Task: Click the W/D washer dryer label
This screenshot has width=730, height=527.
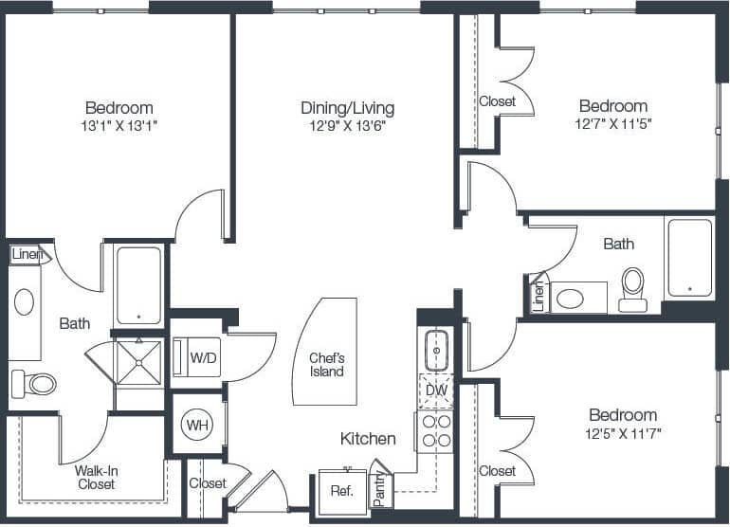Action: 203,357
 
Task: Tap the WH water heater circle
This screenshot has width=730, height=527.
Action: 197,425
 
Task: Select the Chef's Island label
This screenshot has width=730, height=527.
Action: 326,365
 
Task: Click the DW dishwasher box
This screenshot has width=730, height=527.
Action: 436,390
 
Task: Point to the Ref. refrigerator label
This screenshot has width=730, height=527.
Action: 341,491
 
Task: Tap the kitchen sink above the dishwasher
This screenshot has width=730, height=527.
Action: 436,350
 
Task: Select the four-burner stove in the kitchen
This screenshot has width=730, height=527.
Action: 436,430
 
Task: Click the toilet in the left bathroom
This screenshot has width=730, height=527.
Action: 34,384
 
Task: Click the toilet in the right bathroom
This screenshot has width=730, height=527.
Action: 632,288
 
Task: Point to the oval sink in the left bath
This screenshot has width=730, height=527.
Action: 24,302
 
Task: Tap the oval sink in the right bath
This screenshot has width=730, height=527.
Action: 571,300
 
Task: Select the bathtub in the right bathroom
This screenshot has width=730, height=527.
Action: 689,258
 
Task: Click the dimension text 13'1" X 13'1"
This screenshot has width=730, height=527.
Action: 119,124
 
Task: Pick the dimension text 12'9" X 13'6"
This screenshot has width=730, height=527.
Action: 347,125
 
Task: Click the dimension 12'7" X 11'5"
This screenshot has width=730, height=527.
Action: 613,123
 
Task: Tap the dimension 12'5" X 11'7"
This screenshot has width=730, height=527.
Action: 623,432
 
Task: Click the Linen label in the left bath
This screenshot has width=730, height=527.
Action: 27,254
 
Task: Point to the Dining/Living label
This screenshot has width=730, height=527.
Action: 347,107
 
